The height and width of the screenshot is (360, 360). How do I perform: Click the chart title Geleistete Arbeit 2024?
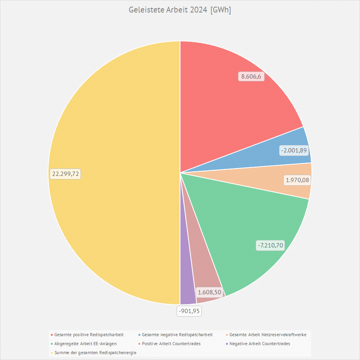(x=180, y=10)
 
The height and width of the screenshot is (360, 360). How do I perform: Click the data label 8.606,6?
(x=251, y=77)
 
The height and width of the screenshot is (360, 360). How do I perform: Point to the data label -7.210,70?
(x=270, y=245)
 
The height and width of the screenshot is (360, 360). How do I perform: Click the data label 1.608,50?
(x=210, y=292)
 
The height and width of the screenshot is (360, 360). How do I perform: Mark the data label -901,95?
(x=190, y=311)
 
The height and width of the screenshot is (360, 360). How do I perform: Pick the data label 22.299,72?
(x=65, y=174)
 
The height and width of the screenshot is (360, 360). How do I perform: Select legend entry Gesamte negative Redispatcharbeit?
(x=177, y=335)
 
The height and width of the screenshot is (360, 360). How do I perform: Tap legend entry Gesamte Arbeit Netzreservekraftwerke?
(x=267, y=335)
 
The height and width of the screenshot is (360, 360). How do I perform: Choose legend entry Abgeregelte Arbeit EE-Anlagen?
(x=85, y=344)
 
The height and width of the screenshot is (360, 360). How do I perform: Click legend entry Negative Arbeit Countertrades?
(x=260, y=344)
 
